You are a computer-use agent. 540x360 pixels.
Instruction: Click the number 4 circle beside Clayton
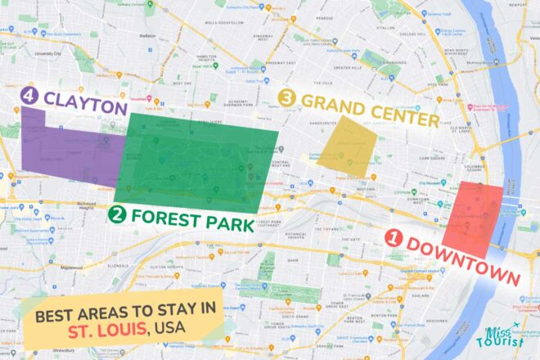tap(29, 97)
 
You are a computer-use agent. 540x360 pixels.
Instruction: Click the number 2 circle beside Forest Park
tap(117, 215)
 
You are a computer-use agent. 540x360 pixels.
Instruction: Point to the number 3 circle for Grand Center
tap(286, 97)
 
